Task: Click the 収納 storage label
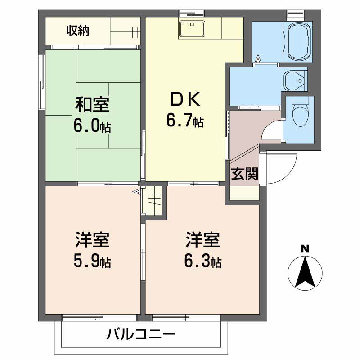point(78,31)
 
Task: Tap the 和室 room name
point(92,105)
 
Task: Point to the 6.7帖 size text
point(184,120)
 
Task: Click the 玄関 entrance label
point(245,174)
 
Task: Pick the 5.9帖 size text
point(92,261)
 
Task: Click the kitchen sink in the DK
point(192,29)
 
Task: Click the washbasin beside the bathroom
point(294,81)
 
